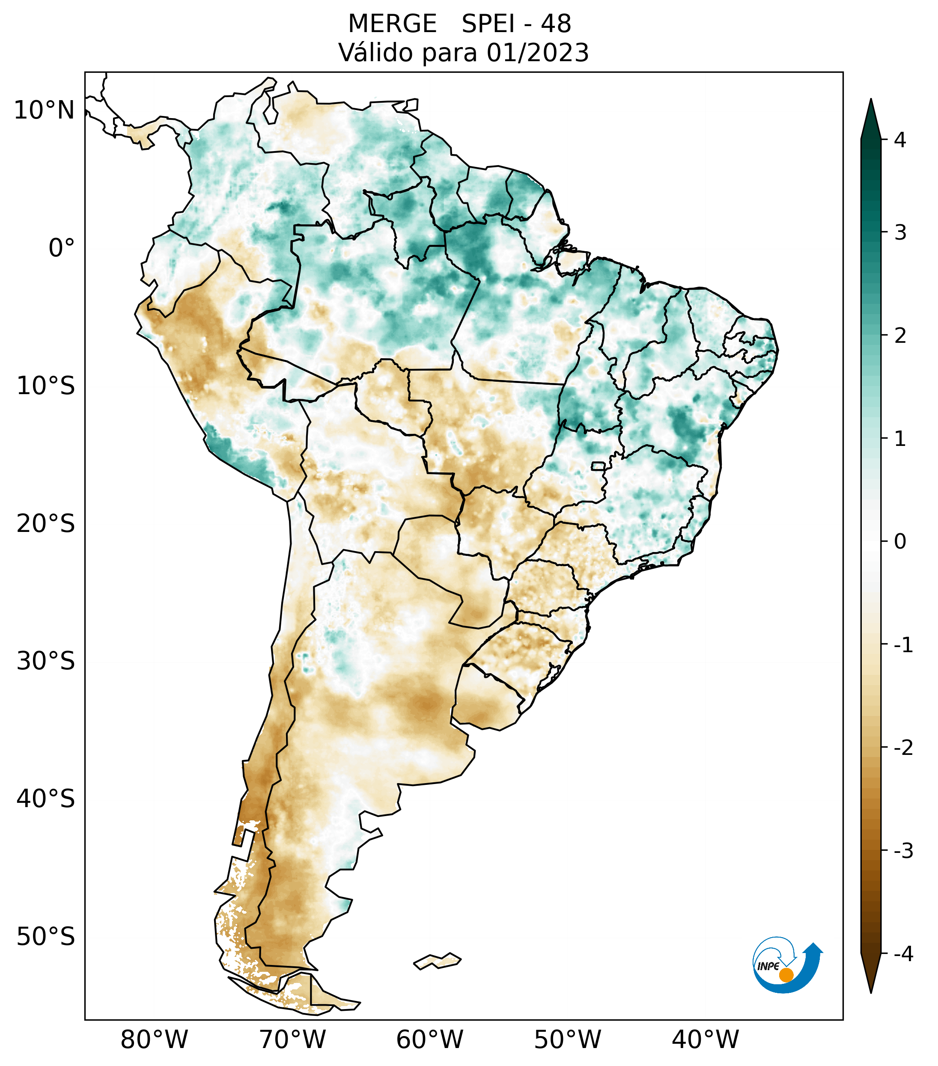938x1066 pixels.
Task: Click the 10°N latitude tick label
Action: click(44, 110)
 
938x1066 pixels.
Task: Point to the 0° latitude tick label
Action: click(62, 248)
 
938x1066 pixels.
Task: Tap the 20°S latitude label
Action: click(46, 524)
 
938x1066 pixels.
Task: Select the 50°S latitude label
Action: click(46, 937)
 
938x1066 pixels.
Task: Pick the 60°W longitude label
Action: click(429, 1040)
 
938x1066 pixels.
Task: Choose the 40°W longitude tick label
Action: click(706, 1040)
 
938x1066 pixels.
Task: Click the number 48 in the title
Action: click(556, 24)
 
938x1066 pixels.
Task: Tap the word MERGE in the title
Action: click(392, 24)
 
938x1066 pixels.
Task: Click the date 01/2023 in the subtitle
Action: click(537, 53)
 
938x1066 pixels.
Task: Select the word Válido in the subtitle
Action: click(375, 53)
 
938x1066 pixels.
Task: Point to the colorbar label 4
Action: click(900, 140)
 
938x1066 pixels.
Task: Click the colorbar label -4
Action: click(903, 954)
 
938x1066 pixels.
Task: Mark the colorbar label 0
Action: click(900, 542)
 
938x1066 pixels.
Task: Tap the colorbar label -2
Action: click(903, 748)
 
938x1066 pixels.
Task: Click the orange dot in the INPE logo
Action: click(786, 975)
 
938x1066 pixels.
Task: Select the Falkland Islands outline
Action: click(437, 961)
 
